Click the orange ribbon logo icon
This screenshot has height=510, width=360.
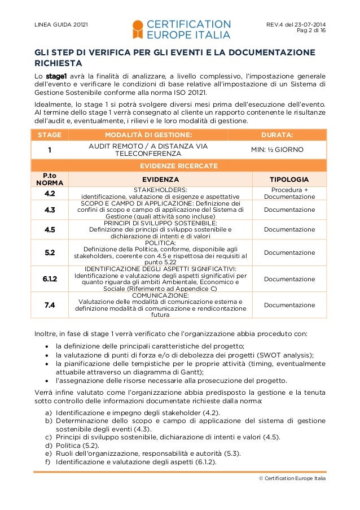click(x=138, y=29)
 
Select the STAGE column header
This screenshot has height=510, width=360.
click(x=50, y=135)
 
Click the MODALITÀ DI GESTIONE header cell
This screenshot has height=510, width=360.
click(x=148, y=135)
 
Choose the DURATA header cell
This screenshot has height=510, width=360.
click(x=277, y=135)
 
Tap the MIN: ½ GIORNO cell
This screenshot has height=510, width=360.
click(x=277, y=150)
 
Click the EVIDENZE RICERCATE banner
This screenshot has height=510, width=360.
click(x=179, y=166)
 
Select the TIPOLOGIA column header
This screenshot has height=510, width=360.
click(x=293, y=180)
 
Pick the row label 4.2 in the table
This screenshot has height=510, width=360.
click(x=50, y=193)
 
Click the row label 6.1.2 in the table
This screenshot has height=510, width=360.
click(x=50, y=279)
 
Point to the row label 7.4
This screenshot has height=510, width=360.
click(x=50, y=305)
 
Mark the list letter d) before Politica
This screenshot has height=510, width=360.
click(x=49, y=446)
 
